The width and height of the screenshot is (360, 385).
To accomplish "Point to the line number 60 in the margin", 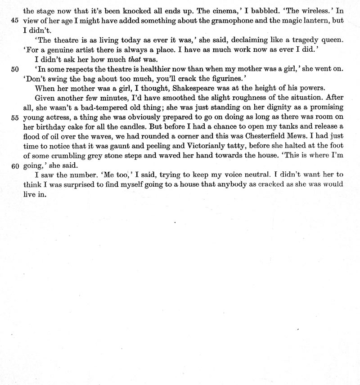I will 12,166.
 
